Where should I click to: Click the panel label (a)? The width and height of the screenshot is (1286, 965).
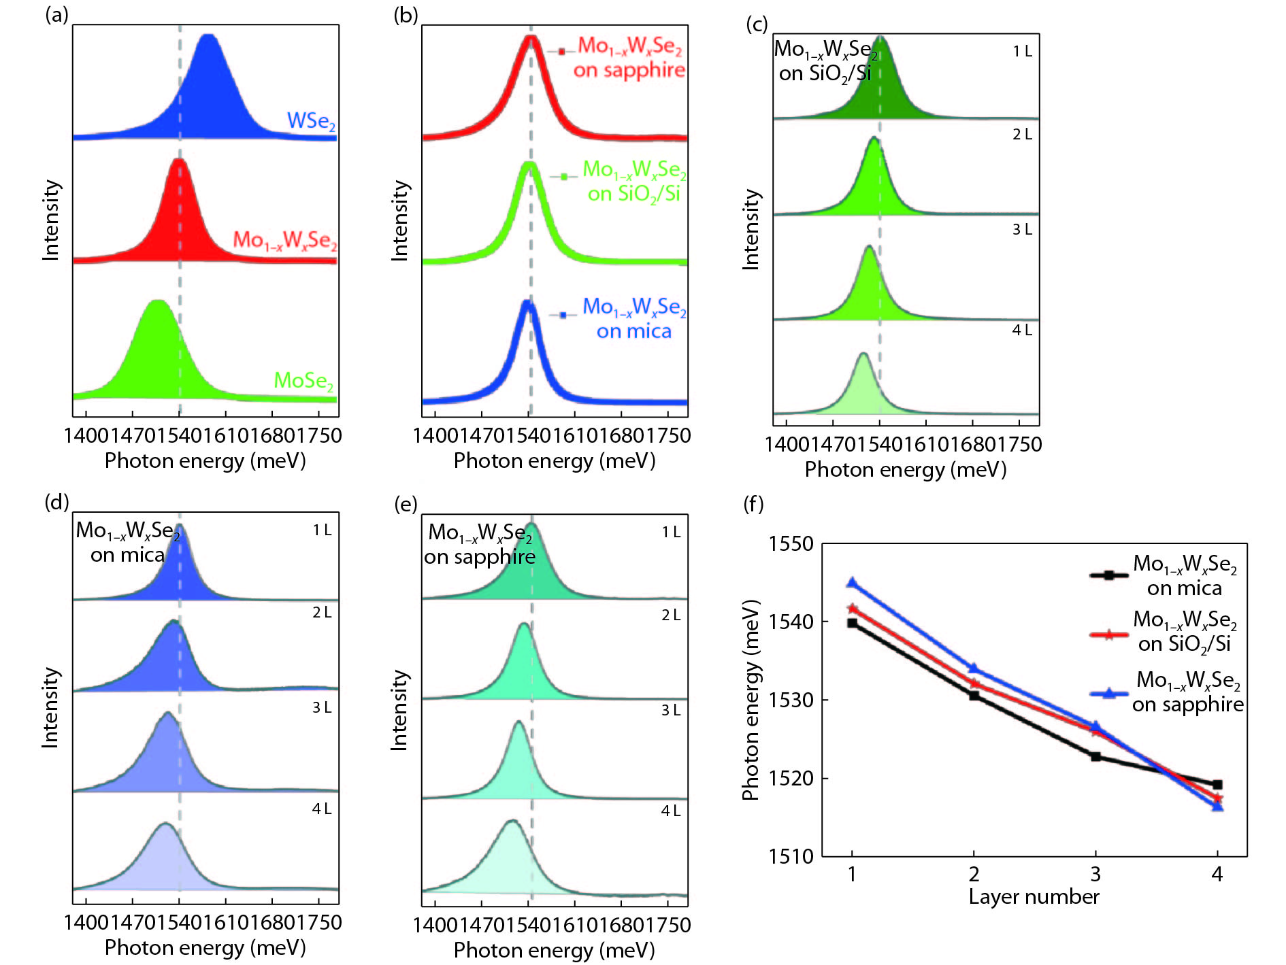tap(56, 14)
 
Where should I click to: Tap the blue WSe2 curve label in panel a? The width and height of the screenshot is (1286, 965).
tap(311, 121)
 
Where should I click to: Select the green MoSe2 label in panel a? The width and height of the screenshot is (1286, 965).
tap(303, 381)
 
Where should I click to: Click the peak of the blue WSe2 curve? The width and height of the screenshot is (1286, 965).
tap(208, 36)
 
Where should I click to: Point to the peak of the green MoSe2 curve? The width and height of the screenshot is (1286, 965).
tap(157, 301)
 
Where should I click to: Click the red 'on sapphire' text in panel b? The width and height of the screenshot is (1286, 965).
tap(629, 70)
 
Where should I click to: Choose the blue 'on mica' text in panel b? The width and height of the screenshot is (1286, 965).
tap(633, 331)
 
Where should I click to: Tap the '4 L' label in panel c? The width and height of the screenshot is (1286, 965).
tap(1022, 331)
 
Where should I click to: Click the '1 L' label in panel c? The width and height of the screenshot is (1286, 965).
tap(1022, 51)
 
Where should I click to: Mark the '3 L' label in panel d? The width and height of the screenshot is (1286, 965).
tap(322, 708)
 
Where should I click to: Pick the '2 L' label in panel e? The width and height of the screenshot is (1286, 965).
tap(671, 615)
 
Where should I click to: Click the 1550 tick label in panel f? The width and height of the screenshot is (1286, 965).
tap(791, 544)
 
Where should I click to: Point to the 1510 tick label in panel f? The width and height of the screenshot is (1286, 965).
tap(791, 856)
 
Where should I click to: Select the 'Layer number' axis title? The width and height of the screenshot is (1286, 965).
tap(1034, 897)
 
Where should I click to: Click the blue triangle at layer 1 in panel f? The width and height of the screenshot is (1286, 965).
tap(852, 583)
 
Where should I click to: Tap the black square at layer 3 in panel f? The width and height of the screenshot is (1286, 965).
tap(1095, 756)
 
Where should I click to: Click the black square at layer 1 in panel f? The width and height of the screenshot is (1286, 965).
tap(852, 623)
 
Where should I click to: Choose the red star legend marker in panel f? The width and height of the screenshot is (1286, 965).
tap(1108, 635)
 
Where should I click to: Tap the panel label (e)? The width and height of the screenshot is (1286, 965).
tap(406, 504)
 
